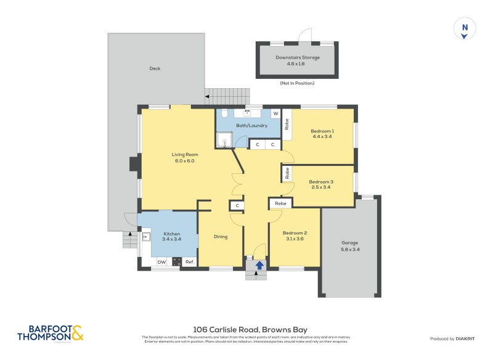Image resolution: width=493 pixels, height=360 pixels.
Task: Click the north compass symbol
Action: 465,29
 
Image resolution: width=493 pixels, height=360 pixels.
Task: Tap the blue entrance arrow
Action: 259,265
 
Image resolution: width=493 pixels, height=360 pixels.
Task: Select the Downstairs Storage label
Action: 298,57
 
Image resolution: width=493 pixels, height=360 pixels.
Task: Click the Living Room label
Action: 184,155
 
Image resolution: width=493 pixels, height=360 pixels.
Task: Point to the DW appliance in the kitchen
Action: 161,262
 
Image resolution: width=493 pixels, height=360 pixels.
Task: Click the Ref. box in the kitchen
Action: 190,262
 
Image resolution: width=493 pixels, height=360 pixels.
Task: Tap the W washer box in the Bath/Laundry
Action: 275,113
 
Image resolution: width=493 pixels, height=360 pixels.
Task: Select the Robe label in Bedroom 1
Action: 287,123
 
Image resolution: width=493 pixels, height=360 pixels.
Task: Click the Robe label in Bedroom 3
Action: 287,174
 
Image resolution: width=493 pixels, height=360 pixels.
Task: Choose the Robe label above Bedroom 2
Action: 280,203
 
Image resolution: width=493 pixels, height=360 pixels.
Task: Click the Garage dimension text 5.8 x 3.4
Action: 349,249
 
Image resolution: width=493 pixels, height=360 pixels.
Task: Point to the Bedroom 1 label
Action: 322,131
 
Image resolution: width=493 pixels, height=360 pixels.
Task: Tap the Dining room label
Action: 221,237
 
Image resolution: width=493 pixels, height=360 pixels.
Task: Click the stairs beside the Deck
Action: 228,96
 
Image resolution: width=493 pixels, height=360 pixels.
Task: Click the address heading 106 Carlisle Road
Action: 250,330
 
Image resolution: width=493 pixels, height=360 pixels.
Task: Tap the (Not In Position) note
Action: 297,83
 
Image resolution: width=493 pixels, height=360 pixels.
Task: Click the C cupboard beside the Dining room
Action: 237,205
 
